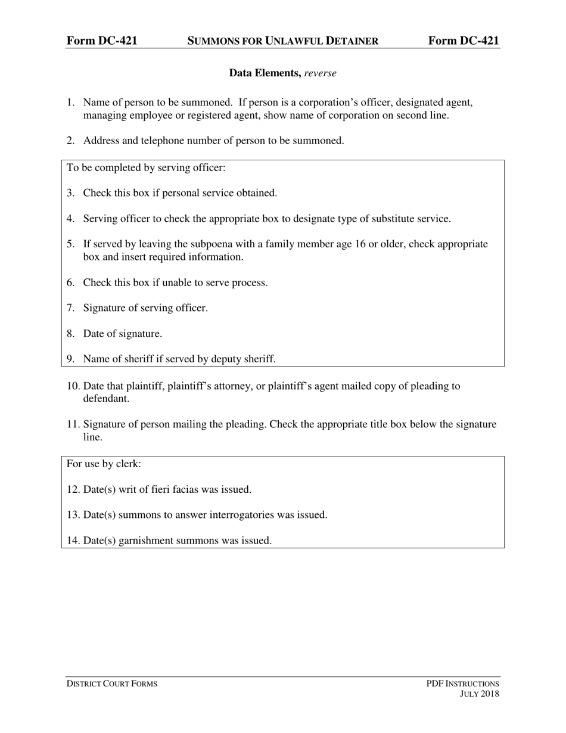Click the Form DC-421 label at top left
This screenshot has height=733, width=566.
coord(102,41)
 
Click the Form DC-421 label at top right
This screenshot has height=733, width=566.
coord(464,41)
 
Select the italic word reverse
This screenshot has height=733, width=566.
coord(321,73)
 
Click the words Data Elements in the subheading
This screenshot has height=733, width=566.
coord(265,73)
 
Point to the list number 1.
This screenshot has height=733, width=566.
coord(70,103)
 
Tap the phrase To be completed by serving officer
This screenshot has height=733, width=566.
coord(147,167)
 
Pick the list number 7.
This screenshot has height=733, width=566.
coord(70,308)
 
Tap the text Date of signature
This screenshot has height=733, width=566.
coord(123,334)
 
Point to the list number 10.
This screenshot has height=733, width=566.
coord(73,386)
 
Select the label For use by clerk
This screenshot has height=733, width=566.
coord(104,464)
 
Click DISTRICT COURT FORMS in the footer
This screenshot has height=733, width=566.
coord(112,684)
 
